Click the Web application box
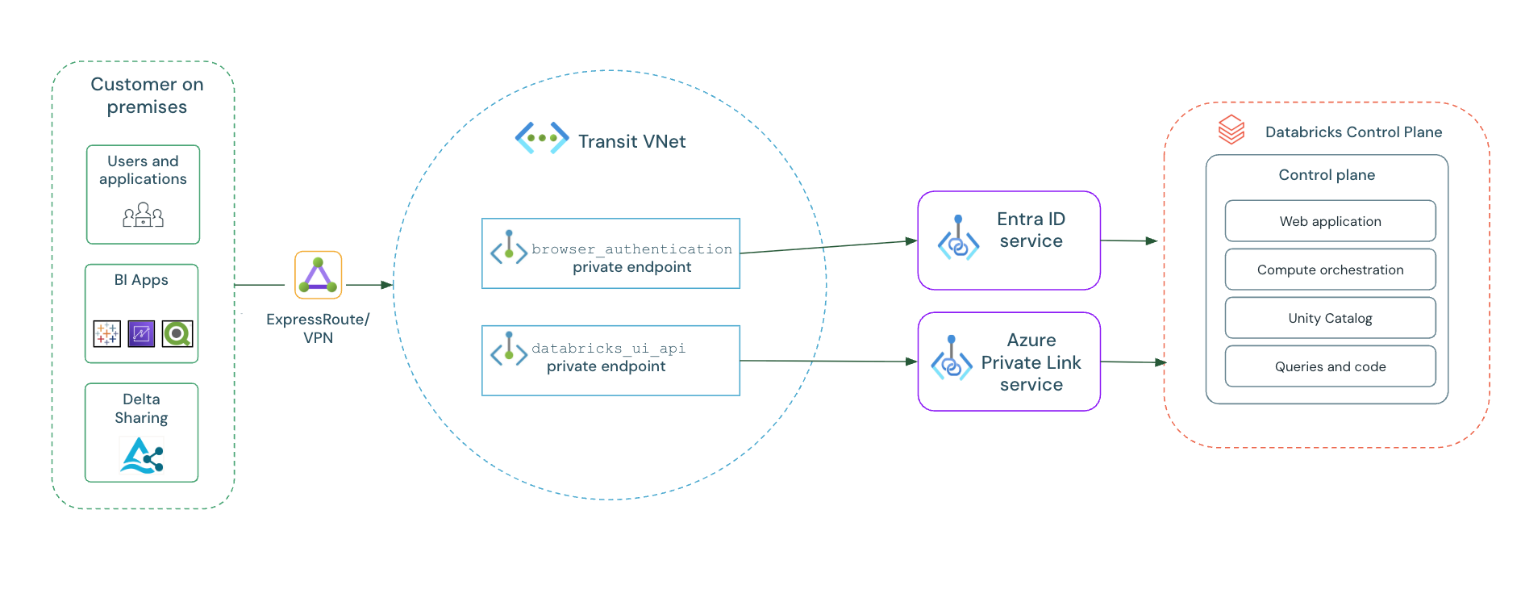pyautogui.click(x=1330, y=221)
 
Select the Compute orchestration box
pyautogui.click(x=1330, y=270)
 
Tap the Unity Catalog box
pyautogui.click(x=1330, y=318)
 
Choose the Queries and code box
pyautogui.click(x=1330, y=366)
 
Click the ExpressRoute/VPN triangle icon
pyautogui.click(x=318, y=275)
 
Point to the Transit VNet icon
pyautogui.click(x=542, y=138)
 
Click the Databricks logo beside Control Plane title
pyautogui.click(x=1231, y=129)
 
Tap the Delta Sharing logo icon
pyautogui.click(x=142, y=455)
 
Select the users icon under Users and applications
pyautogui.click(x=143, y=215)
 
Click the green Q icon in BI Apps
pyautogui.click(x=177, y=333)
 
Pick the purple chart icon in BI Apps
pyautogui.click(x=141, y=333)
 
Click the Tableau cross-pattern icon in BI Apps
pyautogui.click(x=107, y=333)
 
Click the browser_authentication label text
pyautogui.click(x=631, y=249)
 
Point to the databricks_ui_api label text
pyautogui.click(x=608, y=349)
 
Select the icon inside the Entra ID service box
pyautogui.click(x=958, y=238)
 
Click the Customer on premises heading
pyautogui.click(x=147, y=95)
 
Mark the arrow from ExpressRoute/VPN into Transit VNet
pyautogui.click(x=369, y=285)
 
